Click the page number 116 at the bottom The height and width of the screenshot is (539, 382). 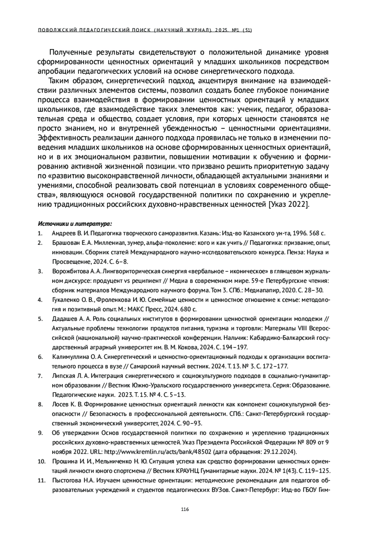(x=185, y=509)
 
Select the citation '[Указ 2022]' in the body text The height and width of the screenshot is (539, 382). (x=288, y=205)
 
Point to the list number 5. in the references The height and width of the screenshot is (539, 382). (x=40, y=319)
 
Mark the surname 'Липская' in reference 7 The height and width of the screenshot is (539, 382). (x=61, y=376)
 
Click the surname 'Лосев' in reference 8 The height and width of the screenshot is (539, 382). (x=59, y=404)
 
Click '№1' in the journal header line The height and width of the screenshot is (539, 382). (x=235, y=30)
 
